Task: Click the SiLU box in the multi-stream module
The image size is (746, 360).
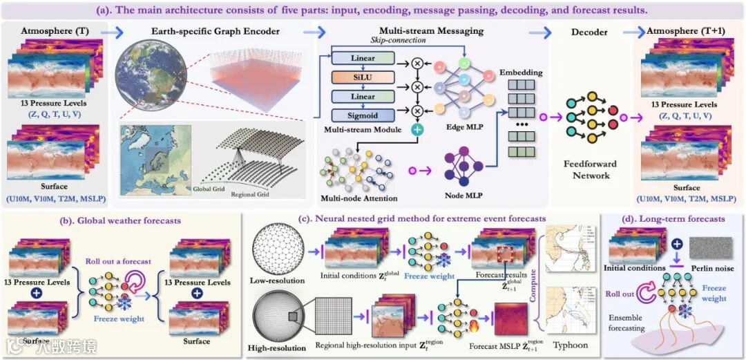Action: point(363,76)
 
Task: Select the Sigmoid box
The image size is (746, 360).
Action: point(363,115)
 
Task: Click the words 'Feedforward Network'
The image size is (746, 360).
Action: point(591,170)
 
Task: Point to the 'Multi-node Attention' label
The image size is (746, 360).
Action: point(356,198)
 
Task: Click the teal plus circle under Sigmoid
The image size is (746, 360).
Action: point(417,129)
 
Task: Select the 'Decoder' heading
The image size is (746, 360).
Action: point(589,32)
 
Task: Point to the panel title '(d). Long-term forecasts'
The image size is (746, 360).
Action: point(675,219)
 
